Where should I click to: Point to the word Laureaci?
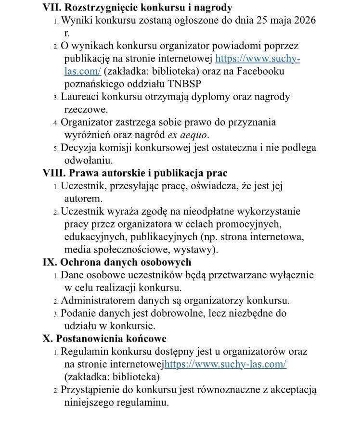click(79, 97)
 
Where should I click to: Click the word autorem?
click(83, 198)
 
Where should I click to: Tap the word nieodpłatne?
click(186, 211)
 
